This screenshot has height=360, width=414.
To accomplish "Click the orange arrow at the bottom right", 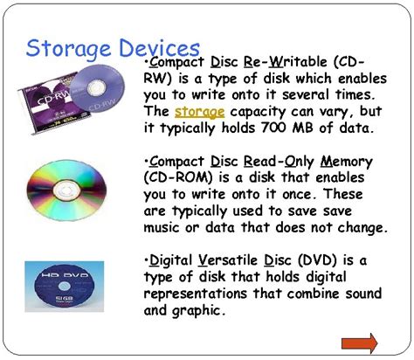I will click(358, 341).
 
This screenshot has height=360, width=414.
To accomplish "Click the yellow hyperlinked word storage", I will click(200, 112).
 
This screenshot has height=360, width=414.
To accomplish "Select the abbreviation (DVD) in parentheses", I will click(310, 260).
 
